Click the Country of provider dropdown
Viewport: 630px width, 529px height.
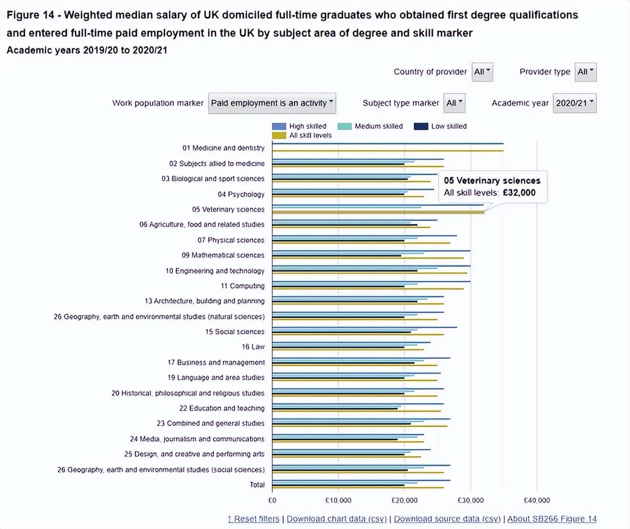tap(482, 72)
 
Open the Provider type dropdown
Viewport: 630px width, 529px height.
tap(585, 72)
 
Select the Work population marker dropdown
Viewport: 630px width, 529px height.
tap(272, 103)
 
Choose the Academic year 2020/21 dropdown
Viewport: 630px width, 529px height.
tap(575, 103)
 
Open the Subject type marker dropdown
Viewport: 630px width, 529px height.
tap(454, 103)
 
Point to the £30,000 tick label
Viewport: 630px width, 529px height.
tap(471, 500)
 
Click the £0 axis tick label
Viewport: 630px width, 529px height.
tap(272, 500)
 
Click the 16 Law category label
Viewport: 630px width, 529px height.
tap(253, 347)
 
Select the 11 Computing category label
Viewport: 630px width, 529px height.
tap(242, 286)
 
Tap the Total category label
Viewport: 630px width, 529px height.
tap(257, 485)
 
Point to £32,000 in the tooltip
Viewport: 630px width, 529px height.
tap(519, 192)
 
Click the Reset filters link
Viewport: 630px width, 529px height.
tap(253, 519)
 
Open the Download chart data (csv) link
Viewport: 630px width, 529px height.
tap(336, 519)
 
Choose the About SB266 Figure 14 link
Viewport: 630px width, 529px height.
tap(552, 519)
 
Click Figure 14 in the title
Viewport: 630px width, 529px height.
tap(30, 15)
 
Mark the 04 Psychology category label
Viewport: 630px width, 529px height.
tap(241, 194)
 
